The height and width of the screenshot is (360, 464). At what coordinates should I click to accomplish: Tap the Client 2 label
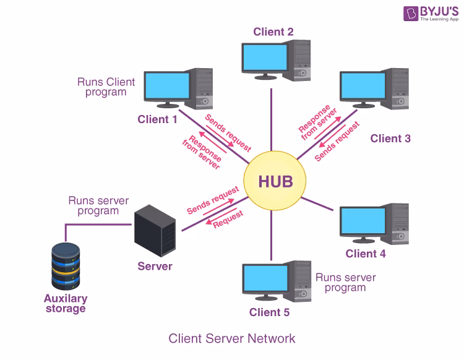(273, 32)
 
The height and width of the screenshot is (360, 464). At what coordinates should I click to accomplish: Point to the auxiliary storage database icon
(66, 267)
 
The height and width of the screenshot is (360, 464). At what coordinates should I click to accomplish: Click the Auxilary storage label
(65, 303)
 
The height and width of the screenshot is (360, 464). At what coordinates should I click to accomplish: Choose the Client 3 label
(390, 139)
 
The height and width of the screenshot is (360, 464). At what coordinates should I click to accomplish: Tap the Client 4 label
(366, 254)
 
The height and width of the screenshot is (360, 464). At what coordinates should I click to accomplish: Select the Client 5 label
(269, 312)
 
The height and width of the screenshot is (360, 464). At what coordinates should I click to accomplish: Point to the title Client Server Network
(232, 338)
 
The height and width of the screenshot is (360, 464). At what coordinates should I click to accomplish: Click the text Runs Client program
(106, 87)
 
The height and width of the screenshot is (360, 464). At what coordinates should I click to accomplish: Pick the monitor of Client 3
(363, 89)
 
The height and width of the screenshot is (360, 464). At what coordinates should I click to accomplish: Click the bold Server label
(155, 267)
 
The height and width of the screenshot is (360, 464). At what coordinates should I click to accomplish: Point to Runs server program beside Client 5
(345, 283)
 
